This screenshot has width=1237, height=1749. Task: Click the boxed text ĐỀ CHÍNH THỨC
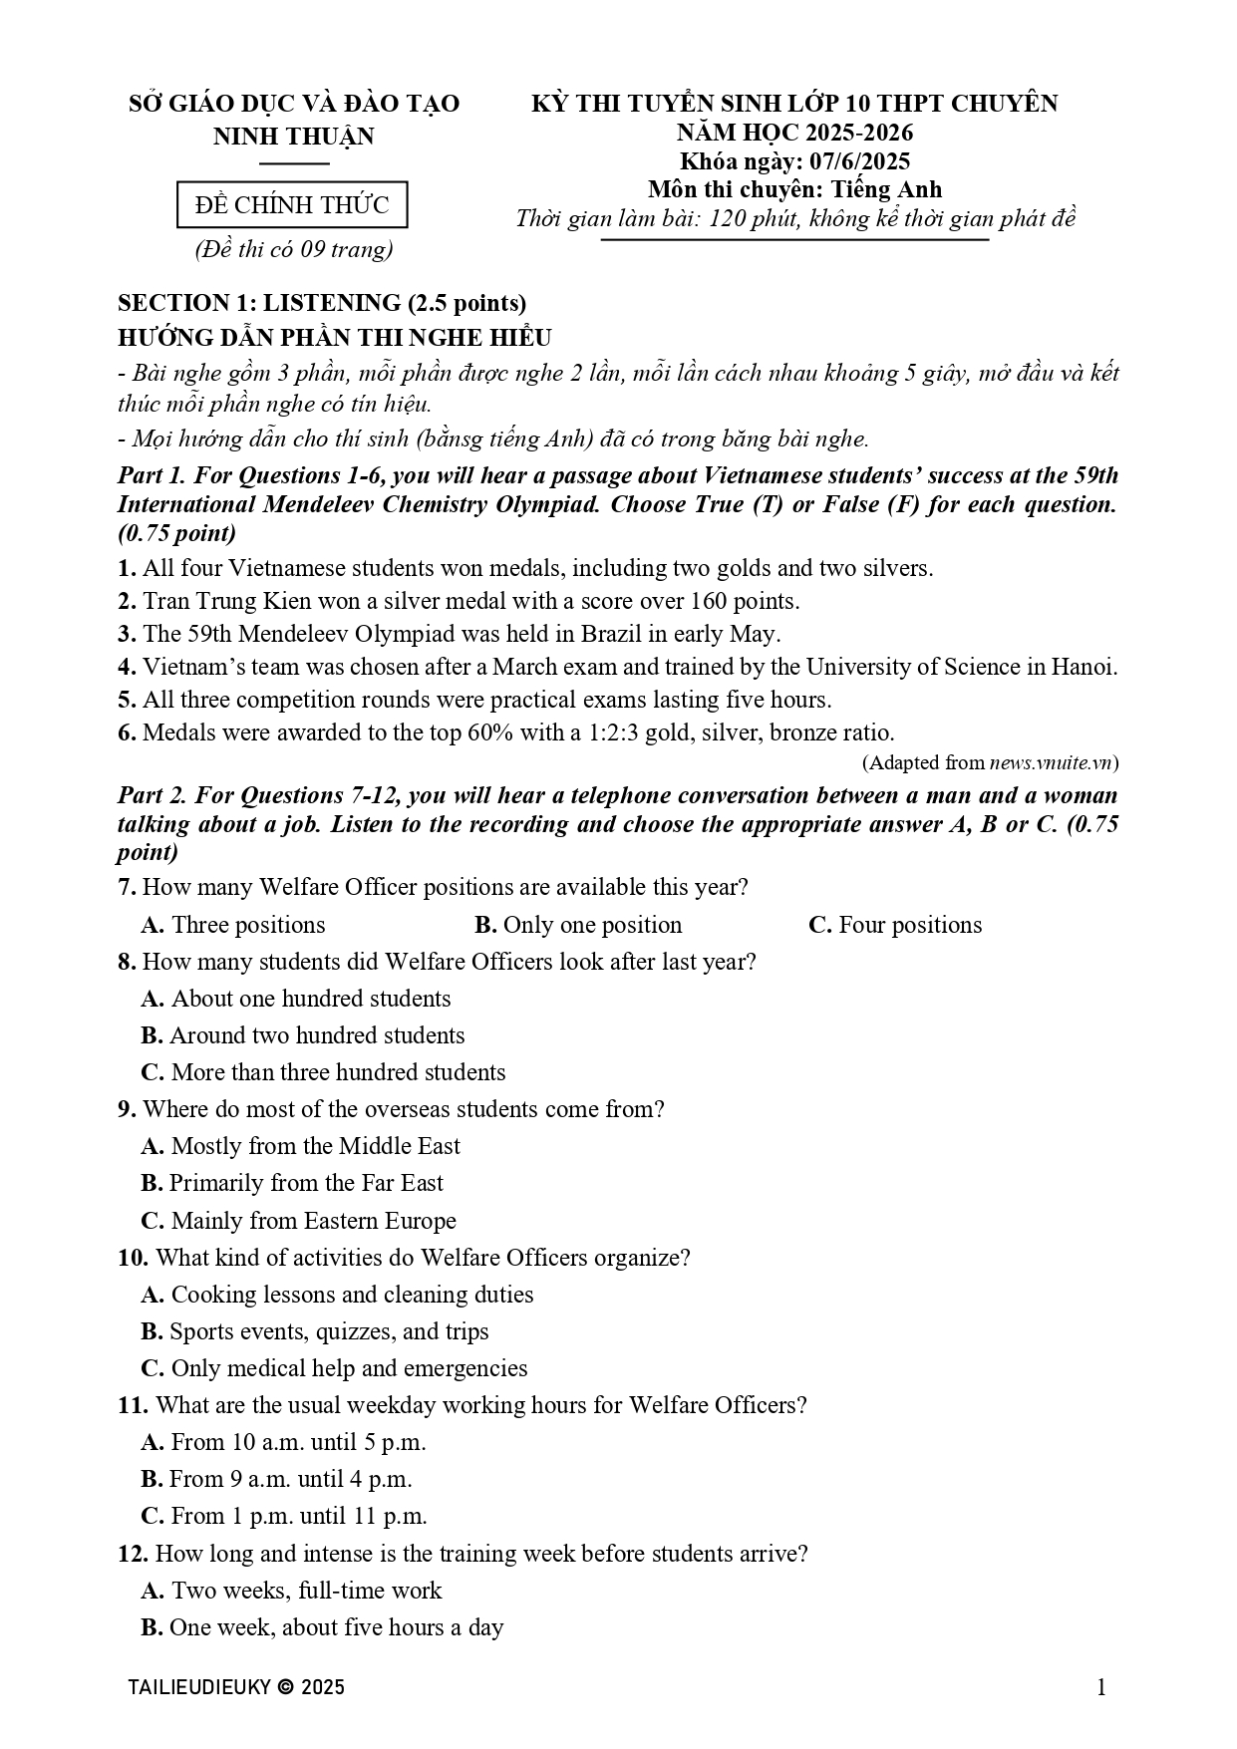[x=292, y=205]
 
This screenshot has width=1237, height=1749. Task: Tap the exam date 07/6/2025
[x=860, y=161]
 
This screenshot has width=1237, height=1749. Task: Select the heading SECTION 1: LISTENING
[x=321, y=303]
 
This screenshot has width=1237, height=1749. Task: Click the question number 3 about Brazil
[x=126, y=634]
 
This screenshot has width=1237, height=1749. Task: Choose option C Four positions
[x=895, y=925]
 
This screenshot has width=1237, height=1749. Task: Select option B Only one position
[x=578, y=925]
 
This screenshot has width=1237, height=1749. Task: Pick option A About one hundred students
[x=296, y=999]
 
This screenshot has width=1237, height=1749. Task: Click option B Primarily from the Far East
[x=292, y=1183]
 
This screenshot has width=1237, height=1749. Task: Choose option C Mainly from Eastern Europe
[x=299, y=1221]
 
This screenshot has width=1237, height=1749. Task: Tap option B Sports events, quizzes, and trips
[x=315, y=1331]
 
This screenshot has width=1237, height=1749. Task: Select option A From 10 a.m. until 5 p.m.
[x=284, y=1442]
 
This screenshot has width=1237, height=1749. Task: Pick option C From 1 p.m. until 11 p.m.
[x=284, y=1516]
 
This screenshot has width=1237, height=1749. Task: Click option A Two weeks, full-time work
[x=292, y=1591]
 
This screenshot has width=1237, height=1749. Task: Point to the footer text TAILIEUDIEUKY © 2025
[x=237, y=1687]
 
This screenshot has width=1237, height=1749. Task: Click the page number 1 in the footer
[x=1101, y=1687]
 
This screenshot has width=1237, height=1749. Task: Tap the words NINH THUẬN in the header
[x=294, y=137]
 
